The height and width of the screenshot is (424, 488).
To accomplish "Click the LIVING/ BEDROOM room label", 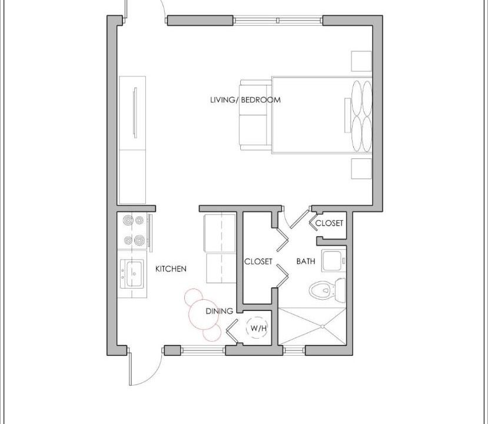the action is click(x=245, y=100).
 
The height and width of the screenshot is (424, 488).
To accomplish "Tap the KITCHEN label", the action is click(x=171, y=269).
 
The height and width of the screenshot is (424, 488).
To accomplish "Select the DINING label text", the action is click(x=220, y=311).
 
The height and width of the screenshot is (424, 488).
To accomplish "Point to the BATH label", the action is click(x=306, y=261).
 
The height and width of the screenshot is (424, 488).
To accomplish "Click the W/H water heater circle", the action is click(x=257, y=328).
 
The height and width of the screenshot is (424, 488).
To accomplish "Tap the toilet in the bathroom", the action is click(x=327, y=290).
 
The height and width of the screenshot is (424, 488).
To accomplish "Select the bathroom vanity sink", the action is click(x=334, y=260).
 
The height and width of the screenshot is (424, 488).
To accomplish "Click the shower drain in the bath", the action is click(x=323, y=326).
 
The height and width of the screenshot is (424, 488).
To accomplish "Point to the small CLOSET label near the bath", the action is click(x=329, y=223).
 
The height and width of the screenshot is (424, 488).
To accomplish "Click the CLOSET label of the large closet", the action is click(x=258, y=261).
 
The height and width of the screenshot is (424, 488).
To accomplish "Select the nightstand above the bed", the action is click(x=361, y=61).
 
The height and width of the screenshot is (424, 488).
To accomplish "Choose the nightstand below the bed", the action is click(x=361, y=169).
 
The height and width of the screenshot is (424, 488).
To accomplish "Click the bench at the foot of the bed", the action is click(x=255, y=115).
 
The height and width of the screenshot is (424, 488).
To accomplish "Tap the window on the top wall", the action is click(x=278, y=21).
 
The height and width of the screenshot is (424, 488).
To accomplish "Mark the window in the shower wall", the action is click(x=294, y=351).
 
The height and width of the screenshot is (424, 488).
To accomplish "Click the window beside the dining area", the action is click(x=202, y=350).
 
